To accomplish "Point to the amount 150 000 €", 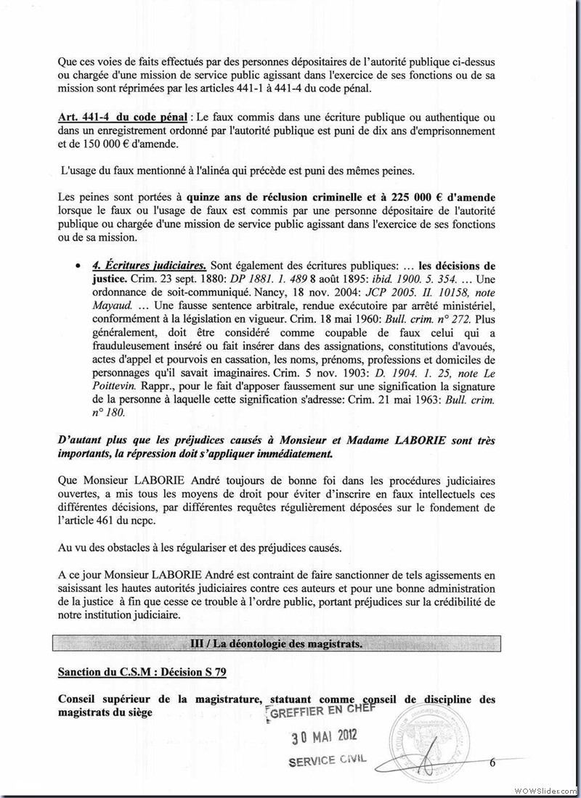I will pyautogui.click(x=102, y=144).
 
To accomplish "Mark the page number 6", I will pyautogui.click(x=492, y=762).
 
